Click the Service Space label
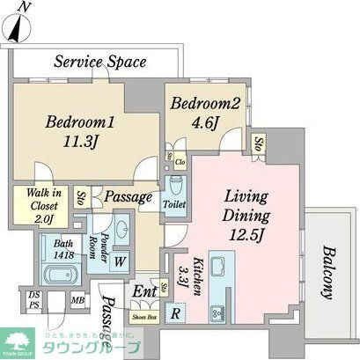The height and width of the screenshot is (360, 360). (x=99, y=62)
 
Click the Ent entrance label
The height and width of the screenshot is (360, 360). (x=143, y=291)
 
